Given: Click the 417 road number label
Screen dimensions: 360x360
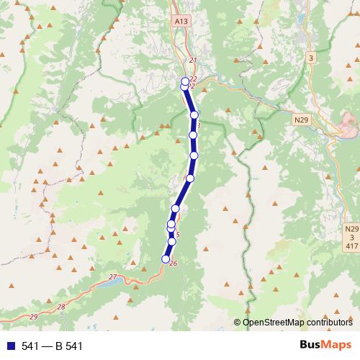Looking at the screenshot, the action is tap(351, 246).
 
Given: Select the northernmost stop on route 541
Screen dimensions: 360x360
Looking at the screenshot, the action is tap(185, 81).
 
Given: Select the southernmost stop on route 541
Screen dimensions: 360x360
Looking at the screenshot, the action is tap(166, 259).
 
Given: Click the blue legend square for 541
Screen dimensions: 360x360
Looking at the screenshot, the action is tap(9, 346).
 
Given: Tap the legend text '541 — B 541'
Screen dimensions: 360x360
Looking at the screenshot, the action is tap(52, 346).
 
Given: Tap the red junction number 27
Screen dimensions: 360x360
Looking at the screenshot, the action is tap(112, 277).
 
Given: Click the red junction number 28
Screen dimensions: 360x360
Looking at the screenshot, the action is tap(60, 307).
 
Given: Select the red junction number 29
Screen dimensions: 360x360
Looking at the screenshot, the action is tap(34, 317).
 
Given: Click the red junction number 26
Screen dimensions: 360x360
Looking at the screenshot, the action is tap(173, 264).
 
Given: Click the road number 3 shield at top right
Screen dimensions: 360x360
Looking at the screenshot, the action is tap(311, 56).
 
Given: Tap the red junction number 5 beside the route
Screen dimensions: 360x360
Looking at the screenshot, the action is tap(177, 234).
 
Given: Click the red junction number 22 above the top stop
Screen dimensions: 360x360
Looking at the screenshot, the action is tap(193, 79).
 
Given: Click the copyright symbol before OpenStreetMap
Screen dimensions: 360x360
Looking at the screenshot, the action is tap(238, 323).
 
